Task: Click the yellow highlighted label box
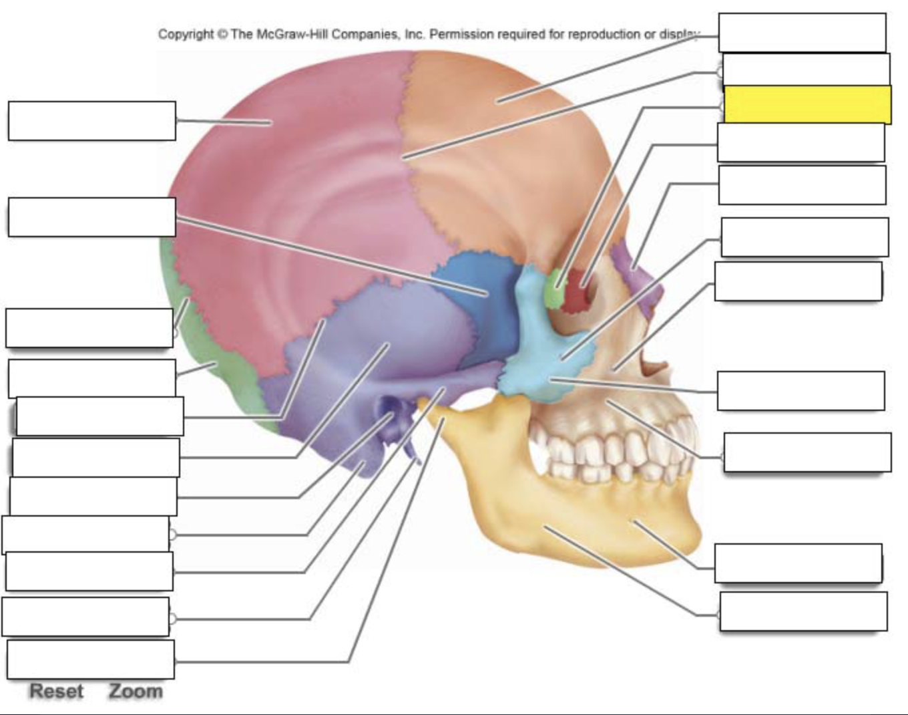(808, 104)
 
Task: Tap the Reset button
(57, 692)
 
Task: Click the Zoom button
(136, 692)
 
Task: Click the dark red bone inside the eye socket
(578, 291)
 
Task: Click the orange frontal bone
(498, 148)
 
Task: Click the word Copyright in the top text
(186, 34)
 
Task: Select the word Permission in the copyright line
(461, 34)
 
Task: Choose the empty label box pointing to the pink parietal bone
(92, 121)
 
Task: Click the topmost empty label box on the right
(802, 33)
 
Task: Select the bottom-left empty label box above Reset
(91, 660)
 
